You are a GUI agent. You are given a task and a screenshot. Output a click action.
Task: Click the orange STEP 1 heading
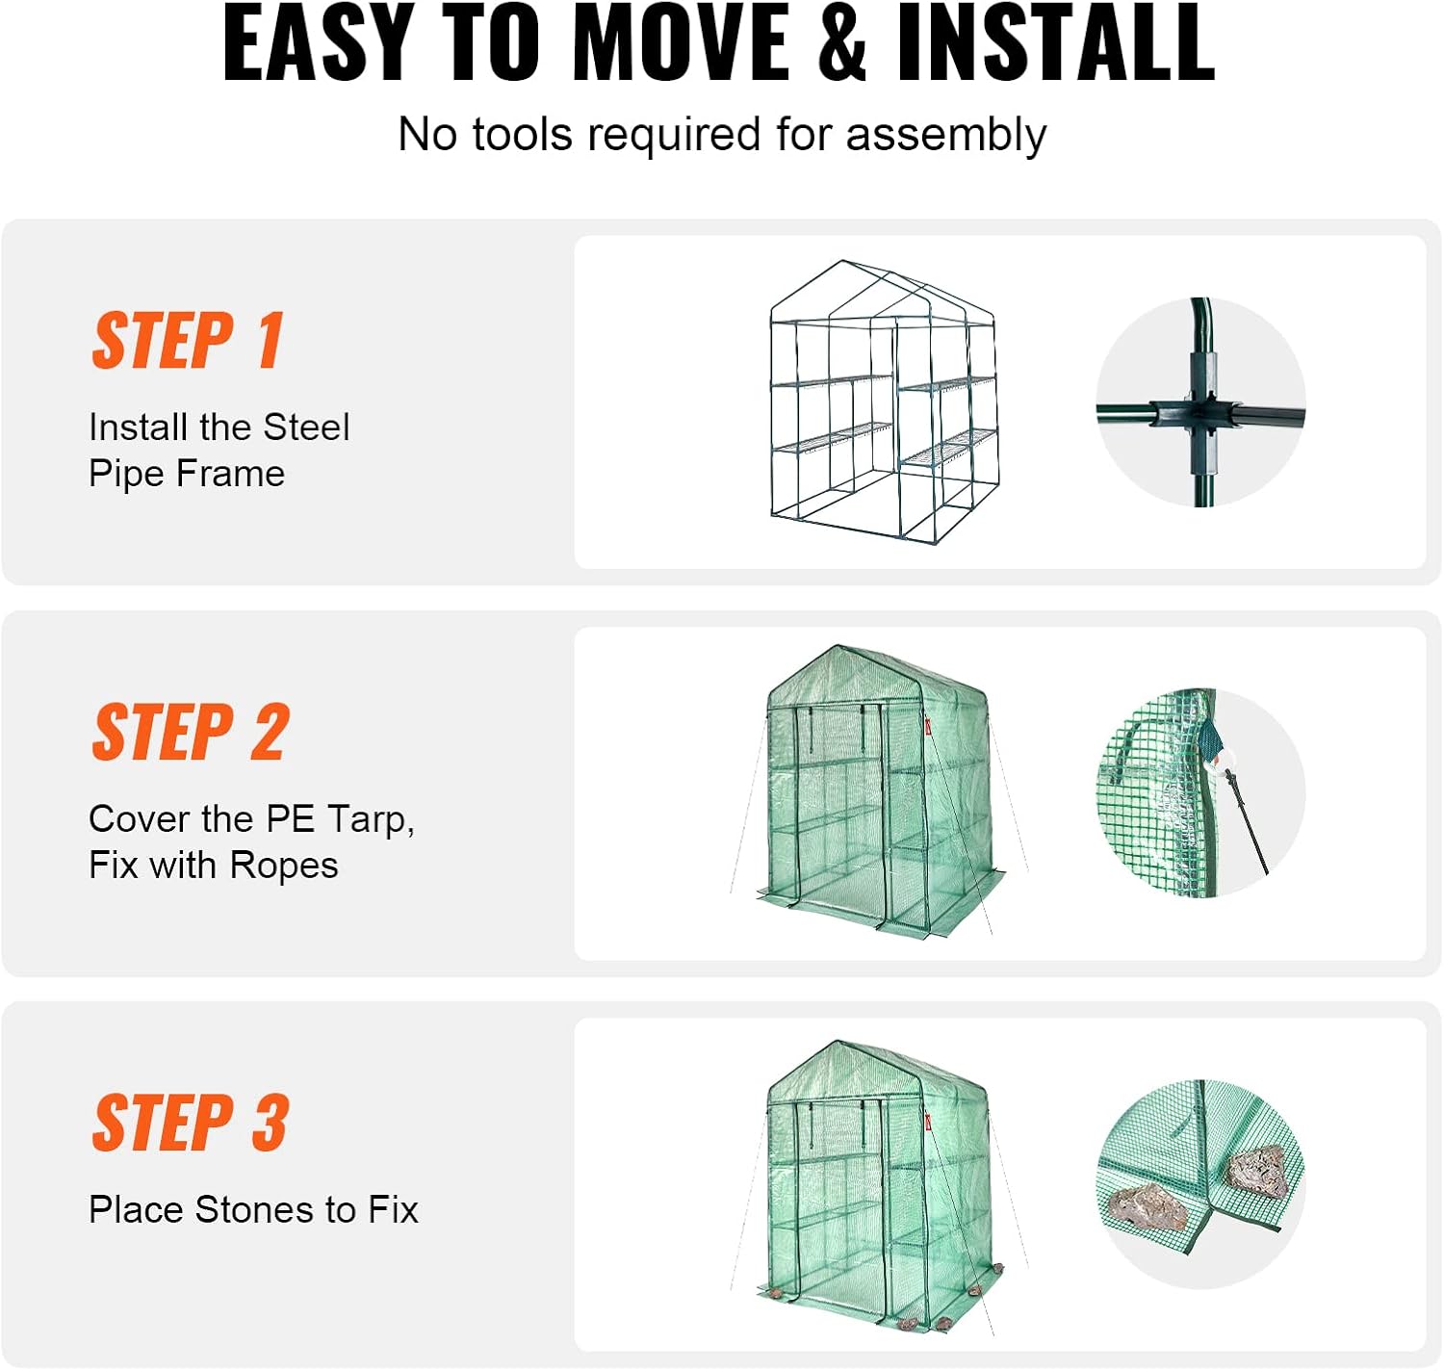[x=188, y=341]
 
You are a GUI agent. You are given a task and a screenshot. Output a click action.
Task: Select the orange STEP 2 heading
[x=191, y=733]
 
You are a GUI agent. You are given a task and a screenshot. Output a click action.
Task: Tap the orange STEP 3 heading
[x=191, y=1124]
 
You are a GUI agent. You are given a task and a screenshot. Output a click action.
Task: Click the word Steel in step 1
[x=306, y=427]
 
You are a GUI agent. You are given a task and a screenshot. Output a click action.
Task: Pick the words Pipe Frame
[x=187, y=474]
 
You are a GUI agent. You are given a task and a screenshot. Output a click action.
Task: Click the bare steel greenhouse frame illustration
[x=884, y=402]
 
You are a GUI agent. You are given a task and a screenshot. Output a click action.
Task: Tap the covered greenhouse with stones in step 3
[x=878, y=1184]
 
